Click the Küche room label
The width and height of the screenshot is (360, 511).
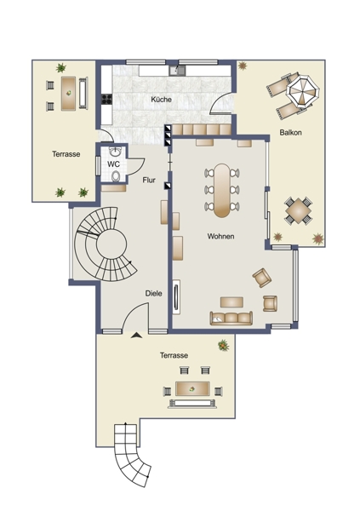click(x=161, y=100)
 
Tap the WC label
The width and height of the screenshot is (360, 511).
click(x=113, y=164)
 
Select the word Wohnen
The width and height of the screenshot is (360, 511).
click(x=221, y=236)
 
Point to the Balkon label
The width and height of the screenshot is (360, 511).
click(x=290, y=133)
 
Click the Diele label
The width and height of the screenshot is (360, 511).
click(x=153, y=293)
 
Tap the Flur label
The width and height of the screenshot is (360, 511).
click(x=149, y=180)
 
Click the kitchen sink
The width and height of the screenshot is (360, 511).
click(x=177, y=71)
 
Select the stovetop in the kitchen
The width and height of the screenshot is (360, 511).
click(x=107, y=99)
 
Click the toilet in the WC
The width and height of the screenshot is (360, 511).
click(x=116, y=176)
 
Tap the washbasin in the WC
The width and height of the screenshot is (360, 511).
click(x=115, y=152)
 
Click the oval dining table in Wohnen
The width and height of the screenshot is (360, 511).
click(x=222, y=190)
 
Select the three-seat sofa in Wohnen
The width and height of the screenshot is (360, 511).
click(x=231, y=318)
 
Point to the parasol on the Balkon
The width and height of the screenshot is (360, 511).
click(x=303, y=91)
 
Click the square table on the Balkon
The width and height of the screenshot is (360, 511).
click(x=298, y=210)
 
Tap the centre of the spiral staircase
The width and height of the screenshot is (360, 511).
click(x=111, y=244)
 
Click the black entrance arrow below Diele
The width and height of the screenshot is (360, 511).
click(x=137, y=335)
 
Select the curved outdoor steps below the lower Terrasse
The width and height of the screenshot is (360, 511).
click(x=131, y=454)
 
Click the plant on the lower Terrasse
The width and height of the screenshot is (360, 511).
click(x=224, y=345)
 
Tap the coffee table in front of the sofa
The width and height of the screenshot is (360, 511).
click(x=231, y=302)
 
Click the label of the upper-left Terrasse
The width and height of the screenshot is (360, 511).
click(x=66, y=154)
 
